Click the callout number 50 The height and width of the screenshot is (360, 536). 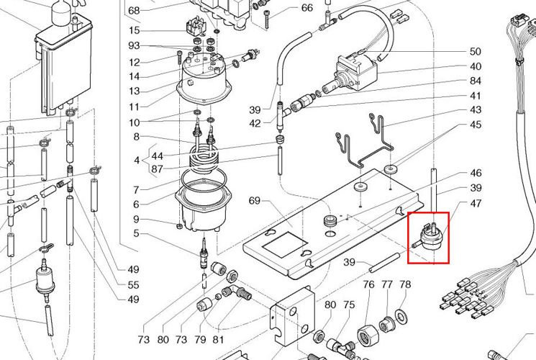(x=475, y=52)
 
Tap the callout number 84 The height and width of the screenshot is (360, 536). (x=475, y=81)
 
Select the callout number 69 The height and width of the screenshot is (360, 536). (x=254, y=201)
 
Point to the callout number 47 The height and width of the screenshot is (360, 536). (x=476, y=203)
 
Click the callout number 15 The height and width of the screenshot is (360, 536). (x=135, y=30)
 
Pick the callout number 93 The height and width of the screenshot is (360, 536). (x=134, y=45)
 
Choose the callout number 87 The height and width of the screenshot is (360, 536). (x=157, y=169)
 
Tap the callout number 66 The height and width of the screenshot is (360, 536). (x=307, y=7)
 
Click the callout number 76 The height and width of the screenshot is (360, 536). (x=368, y=284)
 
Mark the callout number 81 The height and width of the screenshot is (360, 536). (x=218, y=339)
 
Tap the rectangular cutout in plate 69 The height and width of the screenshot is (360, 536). (x=284, y=244)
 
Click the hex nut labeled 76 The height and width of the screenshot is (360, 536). (x=367, y=333)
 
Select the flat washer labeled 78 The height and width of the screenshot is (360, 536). (x=400, y=315)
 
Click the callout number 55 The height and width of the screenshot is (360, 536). (x=133, y=284)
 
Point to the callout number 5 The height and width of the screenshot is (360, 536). (x=136, y=233)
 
